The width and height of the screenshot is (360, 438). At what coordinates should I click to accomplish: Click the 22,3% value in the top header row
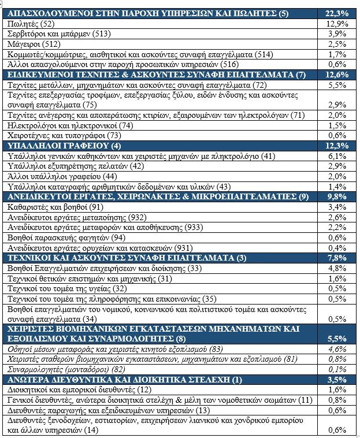click(x=337, y=13)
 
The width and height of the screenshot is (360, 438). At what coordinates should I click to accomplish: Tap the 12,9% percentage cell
click(x=337, y=24)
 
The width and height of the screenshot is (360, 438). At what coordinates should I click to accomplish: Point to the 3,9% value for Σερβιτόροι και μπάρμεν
click(x=337, y=34)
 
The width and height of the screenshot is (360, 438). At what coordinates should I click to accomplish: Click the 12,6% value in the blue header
click(x=337, y=75)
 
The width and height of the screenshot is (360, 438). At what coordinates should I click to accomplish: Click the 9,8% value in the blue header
click(x=337, y=196)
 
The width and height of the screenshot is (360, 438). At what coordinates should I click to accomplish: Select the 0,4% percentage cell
click(x=337, y=247)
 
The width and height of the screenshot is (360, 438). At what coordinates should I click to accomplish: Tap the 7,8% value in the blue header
click(x=337, y=258)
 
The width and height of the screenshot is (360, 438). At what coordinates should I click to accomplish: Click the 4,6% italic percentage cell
click(x=337, y=349)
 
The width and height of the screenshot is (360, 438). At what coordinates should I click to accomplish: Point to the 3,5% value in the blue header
click(x=337, y=380)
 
